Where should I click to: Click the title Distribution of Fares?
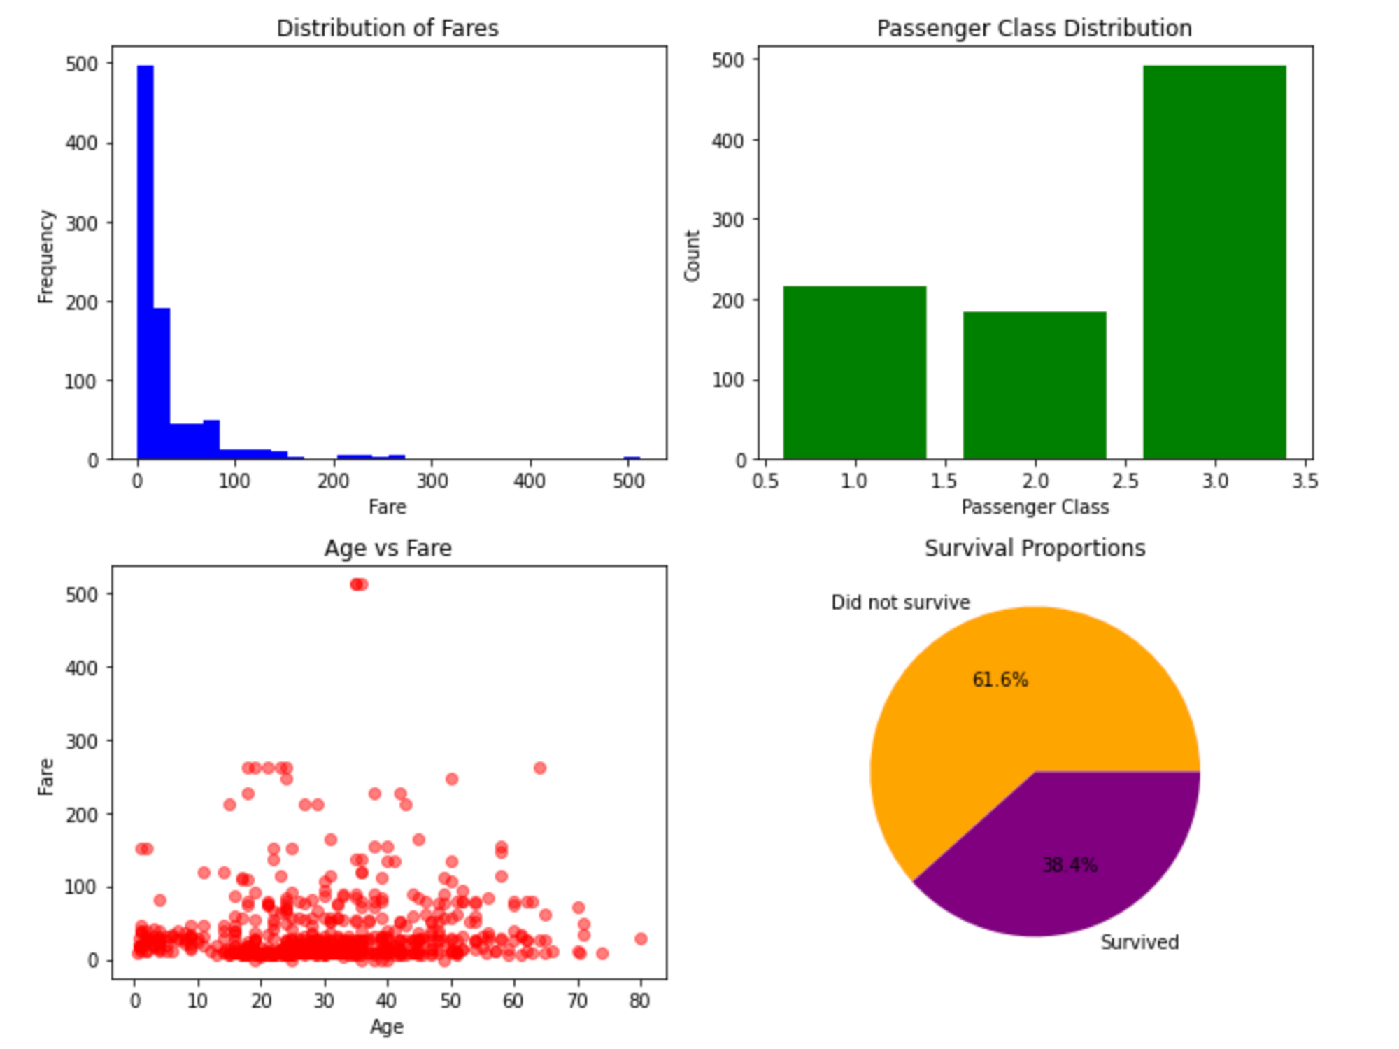[388, 28]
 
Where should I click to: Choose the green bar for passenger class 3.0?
[1214, 262]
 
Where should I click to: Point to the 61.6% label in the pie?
[1000, 680]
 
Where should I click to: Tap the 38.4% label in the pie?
[1070, 865]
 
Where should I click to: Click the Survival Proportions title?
[1035, 548]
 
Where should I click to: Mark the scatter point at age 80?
[641, 938]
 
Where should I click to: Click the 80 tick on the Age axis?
[639, 1001]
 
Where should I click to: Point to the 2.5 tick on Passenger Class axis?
[1125, 481]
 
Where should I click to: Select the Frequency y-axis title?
[46, 256]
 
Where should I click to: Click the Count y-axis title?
[693, 256]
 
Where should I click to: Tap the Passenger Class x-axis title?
[1035, 507]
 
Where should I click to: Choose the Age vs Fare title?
[388, 548]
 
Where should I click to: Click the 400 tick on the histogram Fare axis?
[530, 481]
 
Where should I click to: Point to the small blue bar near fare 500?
[632, 458]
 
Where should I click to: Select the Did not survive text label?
[900, 603]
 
